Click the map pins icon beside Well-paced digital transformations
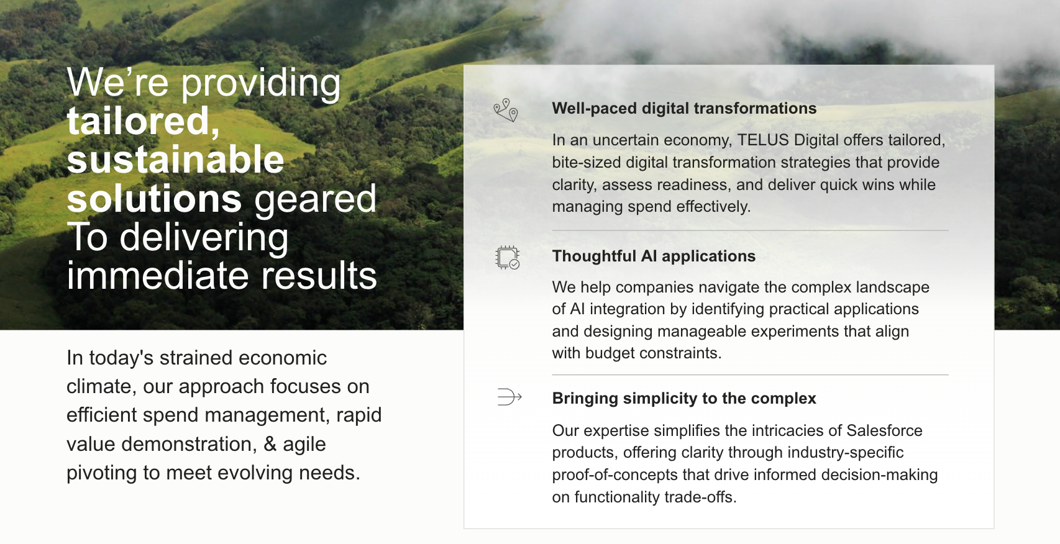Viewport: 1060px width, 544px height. click(506, 110)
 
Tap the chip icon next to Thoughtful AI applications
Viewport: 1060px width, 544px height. click(507, 257)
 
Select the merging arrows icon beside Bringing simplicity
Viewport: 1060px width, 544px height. click(509, 396)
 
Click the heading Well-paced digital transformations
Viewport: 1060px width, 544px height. click(684, 108)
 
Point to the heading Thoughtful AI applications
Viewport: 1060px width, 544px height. click(654, 256)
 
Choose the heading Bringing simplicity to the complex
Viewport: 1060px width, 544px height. click(684, 398)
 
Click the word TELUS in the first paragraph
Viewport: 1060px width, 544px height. click(763, 140)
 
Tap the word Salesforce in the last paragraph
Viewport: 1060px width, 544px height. click(884, 430)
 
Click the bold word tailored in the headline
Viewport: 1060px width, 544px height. click(144, 121)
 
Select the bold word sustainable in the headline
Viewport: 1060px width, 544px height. click(176, 160)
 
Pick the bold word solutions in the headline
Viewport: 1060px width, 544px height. click(154, 199)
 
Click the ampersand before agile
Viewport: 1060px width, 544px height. click(270, 444)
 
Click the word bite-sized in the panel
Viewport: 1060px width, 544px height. click(586, 162)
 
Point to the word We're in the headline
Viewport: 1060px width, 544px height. click(118, 83)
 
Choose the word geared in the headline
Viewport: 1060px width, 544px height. click(315, 199)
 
